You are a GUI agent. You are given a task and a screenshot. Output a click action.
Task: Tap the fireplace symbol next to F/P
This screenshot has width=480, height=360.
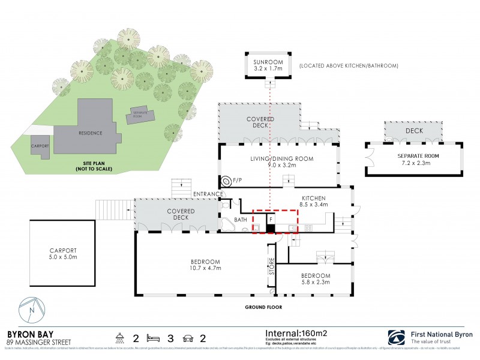227,181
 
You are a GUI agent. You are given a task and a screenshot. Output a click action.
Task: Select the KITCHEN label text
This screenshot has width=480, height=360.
313,198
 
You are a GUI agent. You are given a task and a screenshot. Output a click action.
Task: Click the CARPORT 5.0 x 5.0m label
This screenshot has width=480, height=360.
62,253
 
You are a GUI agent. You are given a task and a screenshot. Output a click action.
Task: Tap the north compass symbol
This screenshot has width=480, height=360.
32,310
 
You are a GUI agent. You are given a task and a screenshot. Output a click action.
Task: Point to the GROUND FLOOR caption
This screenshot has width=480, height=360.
263,307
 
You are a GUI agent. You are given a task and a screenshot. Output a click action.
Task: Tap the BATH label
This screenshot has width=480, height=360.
241,220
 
